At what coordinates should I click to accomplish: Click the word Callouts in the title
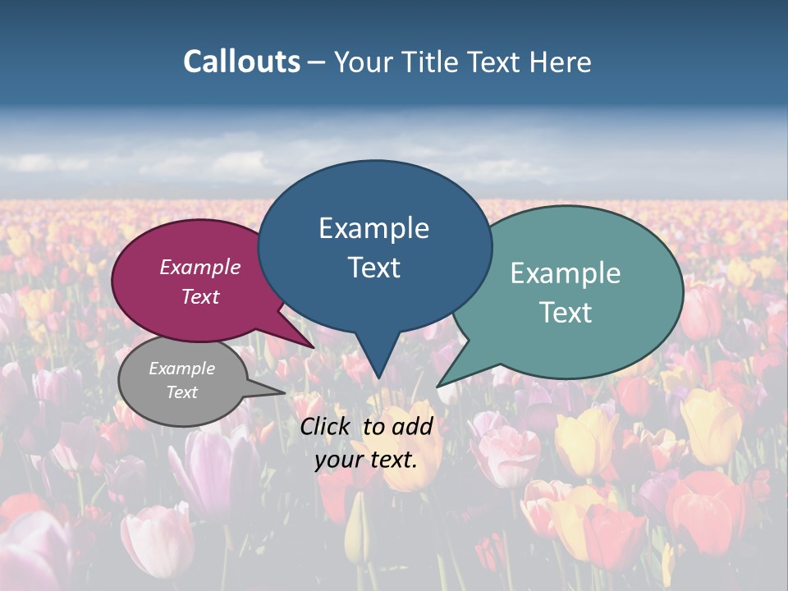(241, 62)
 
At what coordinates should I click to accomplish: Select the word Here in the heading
(561, 62)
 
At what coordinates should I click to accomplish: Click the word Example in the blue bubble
(373, 228)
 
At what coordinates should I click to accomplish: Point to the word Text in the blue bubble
(373, 268)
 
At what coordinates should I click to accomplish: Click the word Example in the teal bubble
(566, 273)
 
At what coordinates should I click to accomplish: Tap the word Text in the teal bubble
(566, 313)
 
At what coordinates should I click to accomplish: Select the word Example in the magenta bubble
(200, 268)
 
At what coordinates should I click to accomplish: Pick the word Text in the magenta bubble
(200, 296)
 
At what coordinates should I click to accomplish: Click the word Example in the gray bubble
(182, 369)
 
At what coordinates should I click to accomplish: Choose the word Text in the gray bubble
(182, 392)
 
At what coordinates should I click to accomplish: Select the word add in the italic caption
(412, 426)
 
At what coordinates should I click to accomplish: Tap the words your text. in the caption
(366, 460)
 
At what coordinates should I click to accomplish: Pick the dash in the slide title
(317, 62)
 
